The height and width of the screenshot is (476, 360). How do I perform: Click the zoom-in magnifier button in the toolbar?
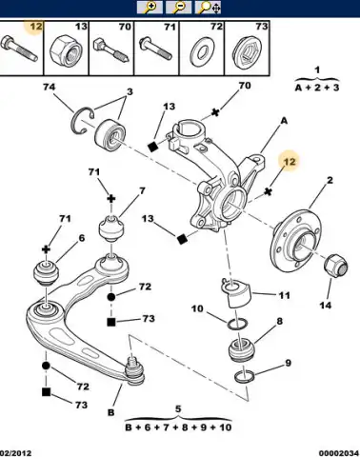tap(150, 8)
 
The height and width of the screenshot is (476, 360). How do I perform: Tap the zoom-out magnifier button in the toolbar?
tap(179, 8)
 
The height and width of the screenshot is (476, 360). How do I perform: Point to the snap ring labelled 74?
tap(80, 120)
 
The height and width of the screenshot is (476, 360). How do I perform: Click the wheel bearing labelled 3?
tap(110, 133)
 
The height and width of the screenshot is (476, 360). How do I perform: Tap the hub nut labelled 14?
tap(335, 267)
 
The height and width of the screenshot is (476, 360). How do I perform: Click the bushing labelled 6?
tap(47, 272)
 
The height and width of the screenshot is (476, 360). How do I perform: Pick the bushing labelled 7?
tap(111, 228)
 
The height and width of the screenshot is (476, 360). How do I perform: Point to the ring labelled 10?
tap(237, 324)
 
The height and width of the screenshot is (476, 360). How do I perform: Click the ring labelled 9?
tap(244, 376)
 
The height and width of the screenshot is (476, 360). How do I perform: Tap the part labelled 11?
tap(237, 293)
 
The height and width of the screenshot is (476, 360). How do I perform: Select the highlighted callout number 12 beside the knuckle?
tap(289, 162)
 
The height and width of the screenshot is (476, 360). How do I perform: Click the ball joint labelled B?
tap(134, 370)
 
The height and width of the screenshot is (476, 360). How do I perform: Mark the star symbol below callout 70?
tap(215, 112)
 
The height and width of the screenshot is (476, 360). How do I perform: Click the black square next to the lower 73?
tap(46, 392)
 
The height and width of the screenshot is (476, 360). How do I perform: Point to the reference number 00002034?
tap(339, 453)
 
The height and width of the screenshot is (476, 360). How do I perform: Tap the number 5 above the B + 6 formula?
tap(178, 409)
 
